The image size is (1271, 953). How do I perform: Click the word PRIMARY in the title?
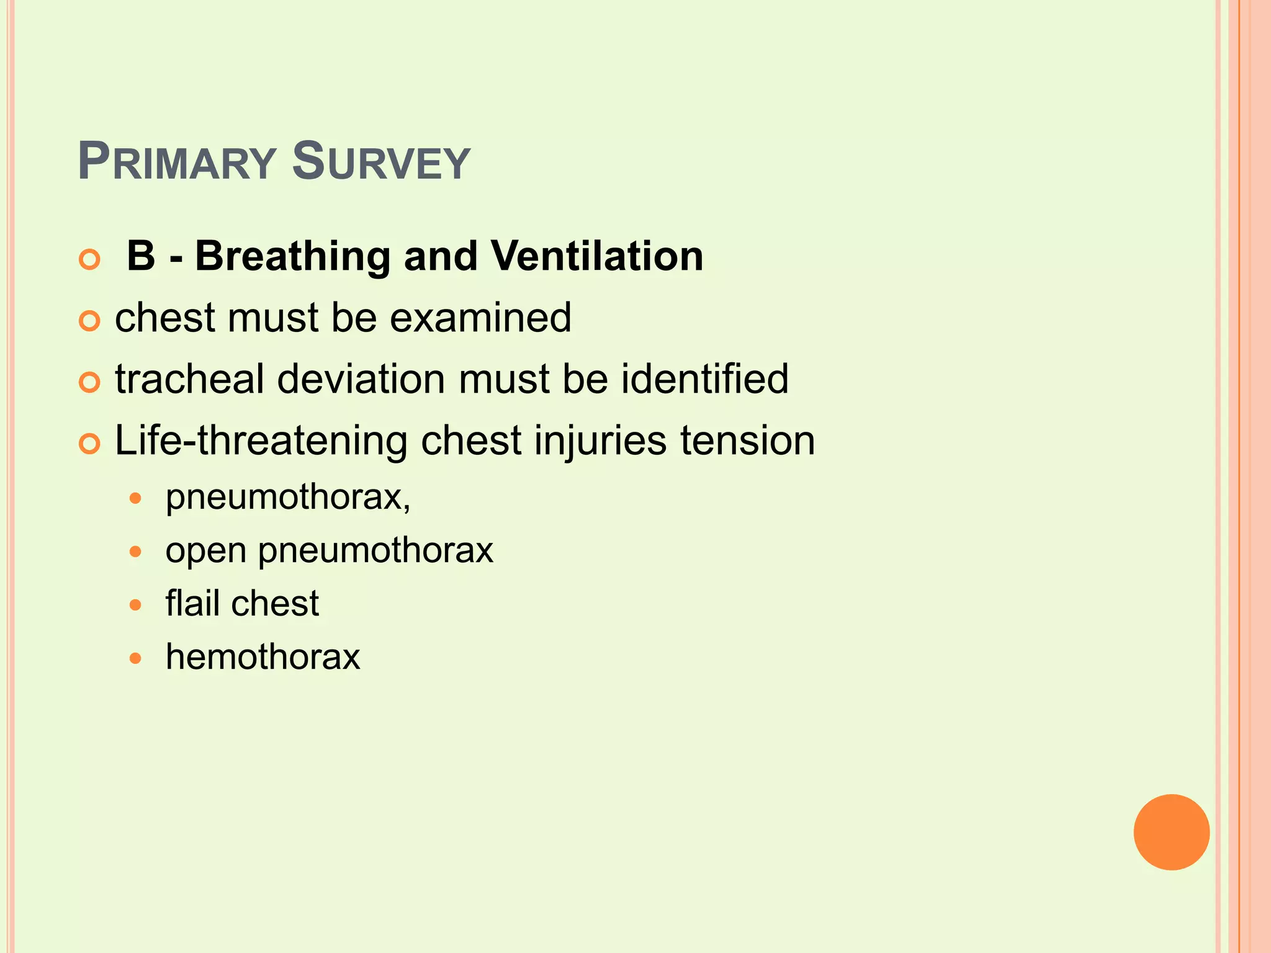[x=176, y=163]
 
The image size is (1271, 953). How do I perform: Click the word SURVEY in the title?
[x=380, y=163]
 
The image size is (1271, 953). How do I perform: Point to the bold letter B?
[x=141, y=256]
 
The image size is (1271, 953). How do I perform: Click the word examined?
[x=480, y=318]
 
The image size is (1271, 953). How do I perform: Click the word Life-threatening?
[x=261, y=441]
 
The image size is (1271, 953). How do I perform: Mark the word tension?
[x=747, y=441]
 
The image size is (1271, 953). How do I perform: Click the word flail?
[x=192, y=603]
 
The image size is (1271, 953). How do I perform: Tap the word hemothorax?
[x=263, y=657]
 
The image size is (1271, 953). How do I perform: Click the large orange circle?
[x=1171, y=832]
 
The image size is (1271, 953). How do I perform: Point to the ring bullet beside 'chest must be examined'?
[x=90, y=321]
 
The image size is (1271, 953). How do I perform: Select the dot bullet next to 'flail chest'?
[x=136, y=605]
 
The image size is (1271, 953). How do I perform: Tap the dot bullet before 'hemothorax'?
[x=136, y=658]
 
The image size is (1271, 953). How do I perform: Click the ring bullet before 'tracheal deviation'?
[x=90, y=383]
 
